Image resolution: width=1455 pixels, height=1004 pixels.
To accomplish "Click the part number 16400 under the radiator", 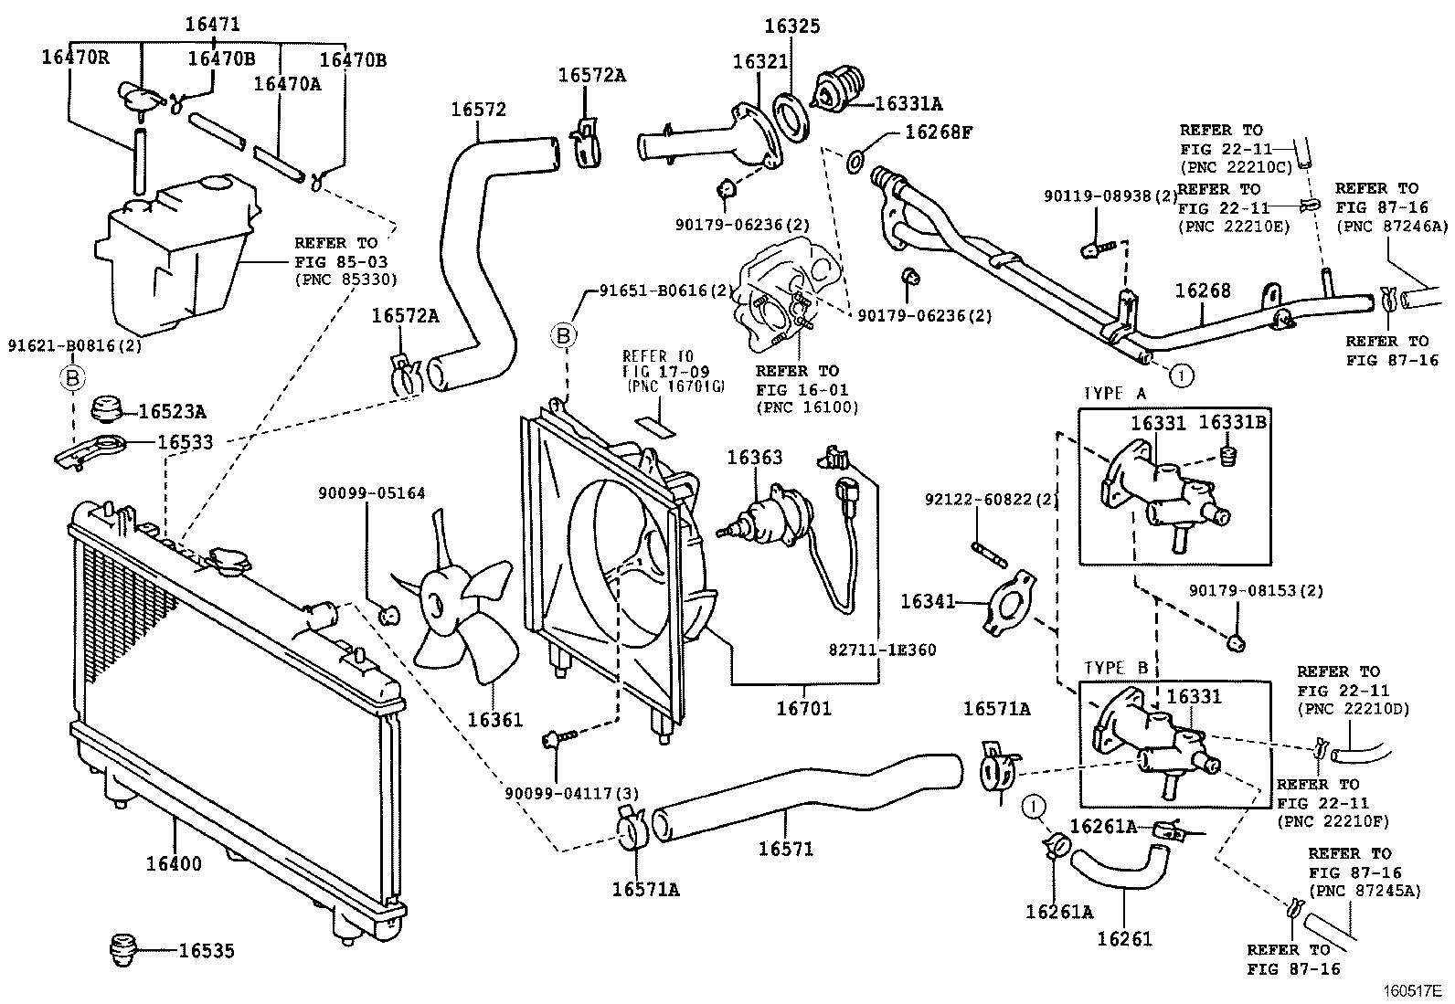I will coord(174,862).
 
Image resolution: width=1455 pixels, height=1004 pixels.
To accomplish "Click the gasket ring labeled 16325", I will coord(791,115).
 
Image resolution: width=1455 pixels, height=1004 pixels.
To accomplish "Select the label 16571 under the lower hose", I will coord(785,849).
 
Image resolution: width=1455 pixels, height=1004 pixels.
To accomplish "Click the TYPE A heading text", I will coord(1114,394).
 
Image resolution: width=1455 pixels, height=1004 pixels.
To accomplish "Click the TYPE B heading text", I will coord(1115,668).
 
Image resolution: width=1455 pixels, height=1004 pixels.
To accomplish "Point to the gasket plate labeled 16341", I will coord(1008,603).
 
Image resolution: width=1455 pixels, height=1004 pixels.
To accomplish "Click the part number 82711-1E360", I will coord(883,650).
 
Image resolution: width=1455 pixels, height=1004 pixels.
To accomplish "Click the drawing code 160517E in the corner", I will coord(1410,990).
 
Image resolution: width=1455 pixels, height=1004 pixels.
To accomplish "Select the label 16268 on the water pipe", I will coord(1203,291).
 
